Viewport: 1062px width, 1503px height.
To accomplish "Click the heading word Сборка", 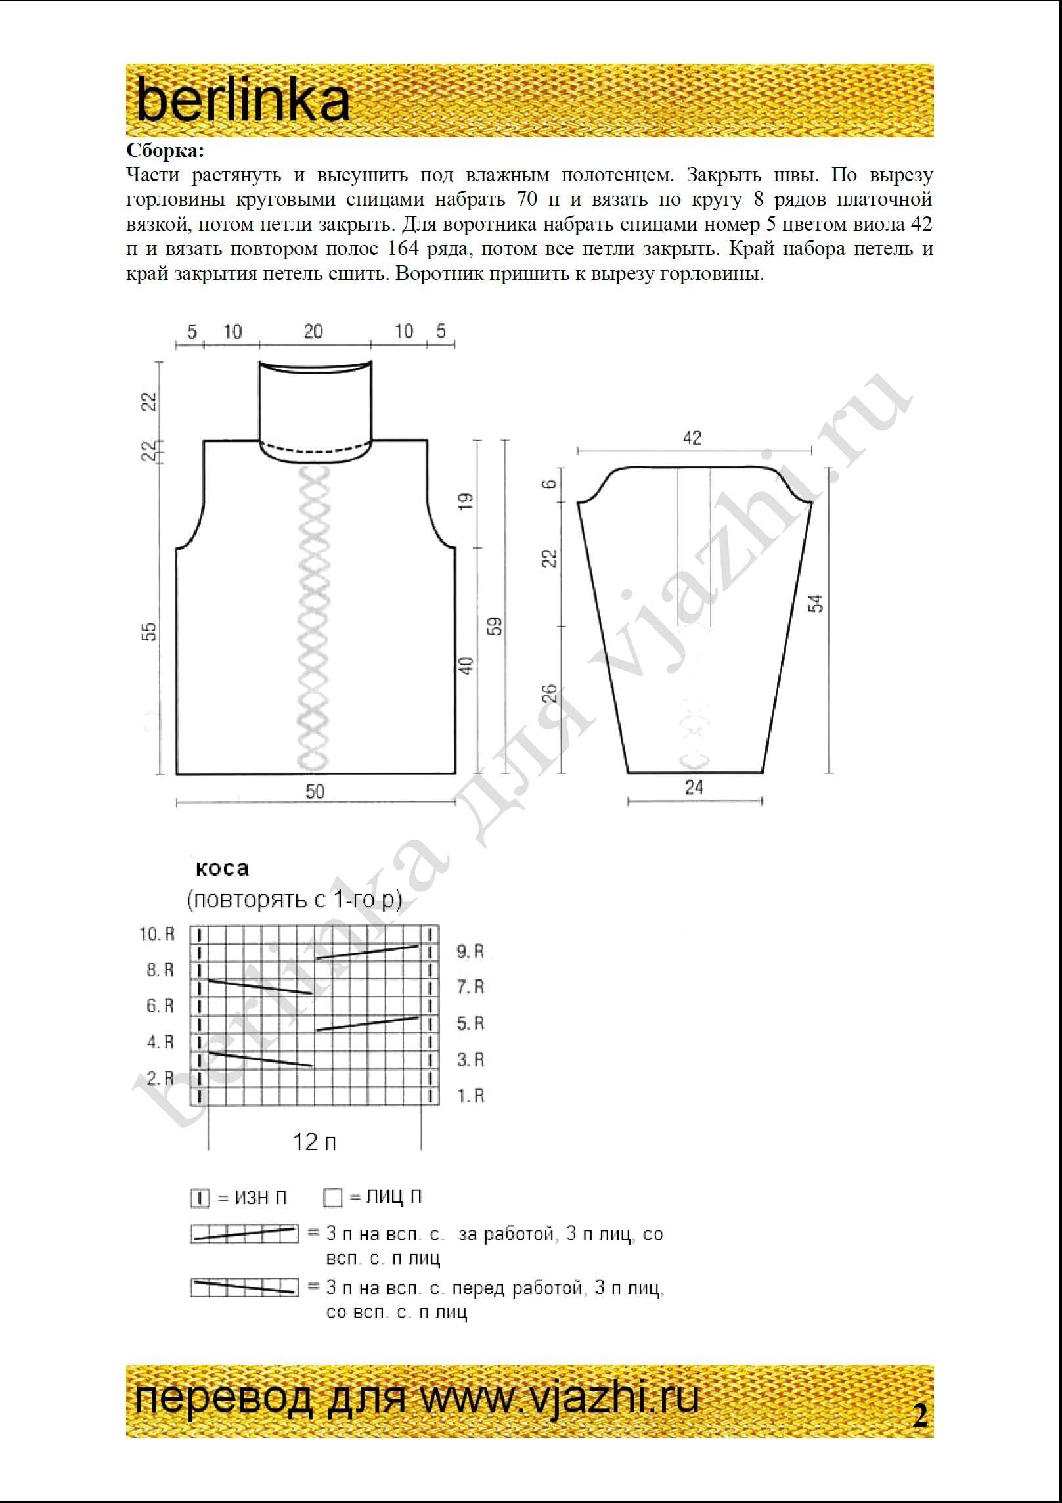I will click(165, 151).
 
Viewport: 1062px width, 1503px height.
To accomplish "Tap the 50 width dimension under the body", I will click(315, 792).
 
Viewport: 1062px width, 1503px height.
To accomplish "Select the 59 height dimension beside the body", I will click(495, 626).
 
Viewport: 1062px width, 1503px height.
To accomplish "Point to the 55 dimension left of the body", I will click(150, 632).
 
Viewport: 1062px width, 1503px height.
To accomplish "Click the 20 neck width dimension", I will click(313, 331).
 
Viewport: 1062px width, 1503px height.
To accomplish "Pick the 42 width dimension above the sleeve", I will click(692, 438).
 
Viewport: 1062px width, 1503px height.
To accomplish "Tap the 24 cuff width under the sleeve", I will click(694, 787).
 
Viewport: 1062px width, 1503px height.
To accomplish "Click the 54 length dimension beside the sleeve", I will click(816, 603).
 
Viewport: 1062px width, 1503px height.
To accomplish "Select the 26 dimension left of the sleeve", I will click(550, 694).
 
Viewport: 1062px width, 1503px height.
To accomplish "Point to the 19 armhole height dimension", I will click(465, 502).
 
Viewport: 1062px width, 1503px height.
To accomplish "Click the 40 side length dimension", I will click(465, 665).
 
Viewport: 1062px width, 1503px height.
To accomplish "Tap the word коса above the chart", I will click(222, 868).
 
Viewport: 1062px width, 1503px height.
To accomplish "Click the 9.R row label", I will click(470, 951).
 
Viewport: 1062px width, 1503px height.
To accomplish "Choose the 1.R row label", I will click(470, 1096).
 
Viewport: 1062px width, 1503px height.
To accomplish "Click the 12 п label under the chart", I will click(314, 1142).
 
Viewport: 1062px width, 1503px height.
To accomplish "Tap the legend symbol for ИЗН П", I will click(200, 1198).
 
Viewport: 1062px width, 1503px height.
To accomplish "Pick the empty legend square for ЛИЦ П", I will click(333, 1198).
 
